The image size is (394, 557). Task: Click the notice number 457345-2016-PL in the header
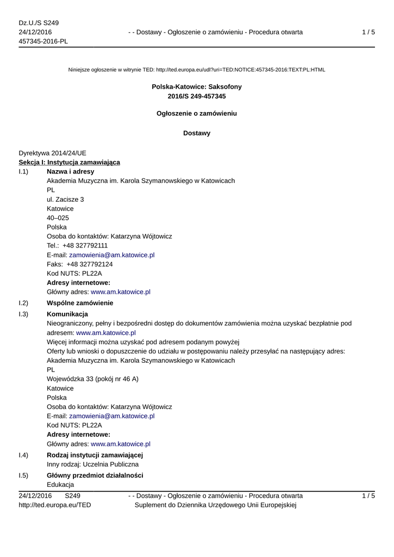click(x=43, y=41)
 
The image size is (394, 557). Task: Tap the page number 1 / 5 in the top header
click(x=368, y=32)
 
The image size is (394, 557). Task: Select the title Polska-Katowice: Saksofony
click(x=197, y=86)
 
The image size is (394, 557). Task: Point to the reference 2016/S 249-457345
click(x=197, y=96)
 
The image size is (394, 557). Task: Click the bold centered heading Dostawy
click(x=197, y=133)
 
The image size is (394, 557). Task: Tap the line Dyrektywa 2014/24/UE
click(x=52, y=153)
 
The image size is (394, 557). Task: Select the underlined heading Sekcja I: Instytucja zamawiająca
click(x=70, y=162)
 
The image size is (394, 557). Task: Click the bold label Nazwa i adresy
click(x=71, y=171)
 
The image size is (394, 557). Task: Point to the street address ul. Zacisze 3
click(x=65, y=199)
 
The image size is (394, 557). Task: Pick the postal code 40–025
click(x=58, y=218)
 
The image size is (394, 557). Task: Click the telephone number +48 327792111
click(x=85, y=245)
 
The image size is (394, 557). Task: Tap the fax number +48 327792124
click(x=90, y=264)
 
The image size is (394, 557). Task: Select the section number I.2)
click(x=23, y=303)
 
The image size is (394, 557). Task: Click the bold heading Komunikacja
click(x=67, y=314)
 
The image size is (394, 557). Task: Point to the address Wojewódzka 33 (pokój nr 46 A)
click(x=92, y=379)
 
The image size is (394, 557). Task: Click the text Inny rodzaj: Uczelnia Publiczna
click(x=93, y=464)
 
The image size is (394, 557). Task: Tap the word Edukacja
click(x=60, y=485)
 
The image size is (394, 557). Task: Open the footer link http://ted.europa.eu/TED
click(x=55, y=505)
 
